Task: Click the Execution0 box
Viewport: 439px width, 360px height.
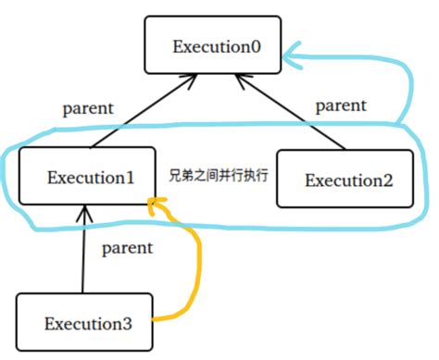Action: coord(212,43)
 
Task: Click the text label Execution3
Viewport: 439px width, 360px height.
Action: coord(88,323)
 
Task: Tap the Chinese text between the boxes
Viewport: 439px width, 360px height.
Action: coord(218,174)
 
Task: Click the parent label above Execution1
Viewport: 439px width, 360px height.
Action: coord(88,108)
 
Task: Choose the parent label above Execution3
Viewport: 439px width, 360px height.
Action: coord(128,247)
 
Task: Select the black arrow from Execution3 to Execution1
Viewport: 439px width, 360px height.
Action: coord(84,254)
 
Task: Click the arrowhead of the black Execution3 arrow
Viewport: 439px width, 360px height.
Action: coord(84,213)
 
